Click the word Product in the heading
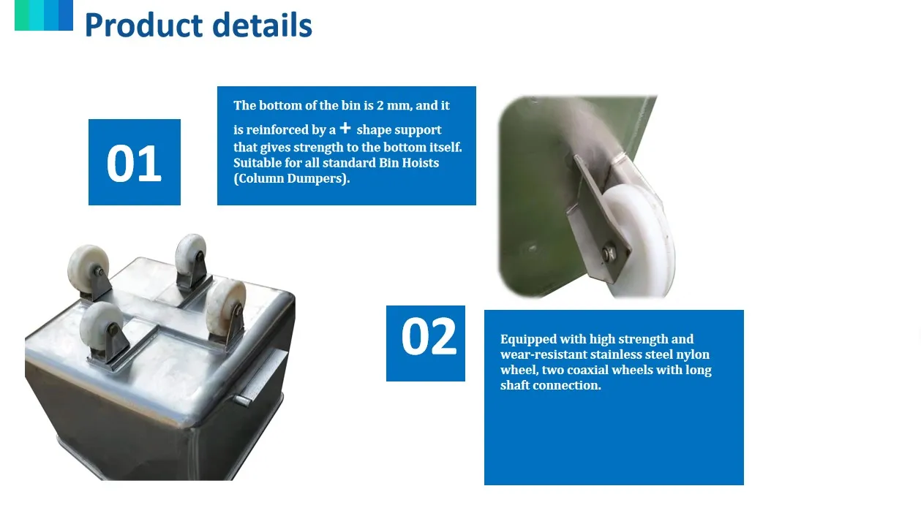click(x=143, y=25)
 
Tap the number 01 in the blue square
click(x=134, y=163)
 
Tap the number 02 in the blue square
click(x=429, y=336)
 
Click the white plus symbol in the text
click(x=345, y=128)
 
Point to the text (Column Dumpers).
click(x=291, y=178)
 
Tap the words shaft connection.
click(x=551, y=385)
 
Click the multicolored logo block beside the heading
click(x=44, y=15)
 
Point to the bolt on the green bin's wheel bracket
click(x=609, y=252)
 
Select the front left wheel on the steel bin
click(x=102, y=327)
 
